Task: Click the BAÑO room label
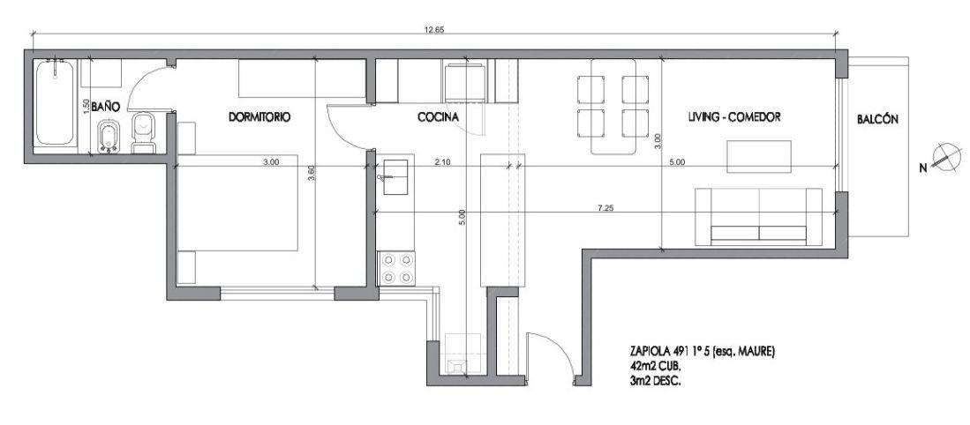(x=105, y=107)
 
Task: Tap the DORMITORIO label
(x=259, y=116)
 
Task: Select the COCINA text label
(x=438, y=116)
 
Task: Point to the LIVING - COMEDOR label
(x=733, y=116)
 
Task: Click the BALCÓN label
(x=877, y=120)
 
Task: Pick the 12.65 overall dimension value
(x=436, y=29)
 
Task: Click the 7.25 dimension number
(x=605, y=208)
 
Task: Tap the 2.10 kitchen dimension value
(x=442, y=162)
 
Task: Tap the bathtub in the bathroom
(x=56, y=102)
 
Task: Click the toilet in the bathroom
(x=145, y=132)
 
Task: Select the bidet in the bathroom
(x=109, y=136)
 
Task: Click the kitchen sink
(x=395, y=177)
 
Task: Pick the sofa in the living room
(x=758, y=217)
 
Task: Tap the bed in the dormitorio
(x=238, y=203)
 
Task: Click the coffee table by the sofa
(x=758, y=157)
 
